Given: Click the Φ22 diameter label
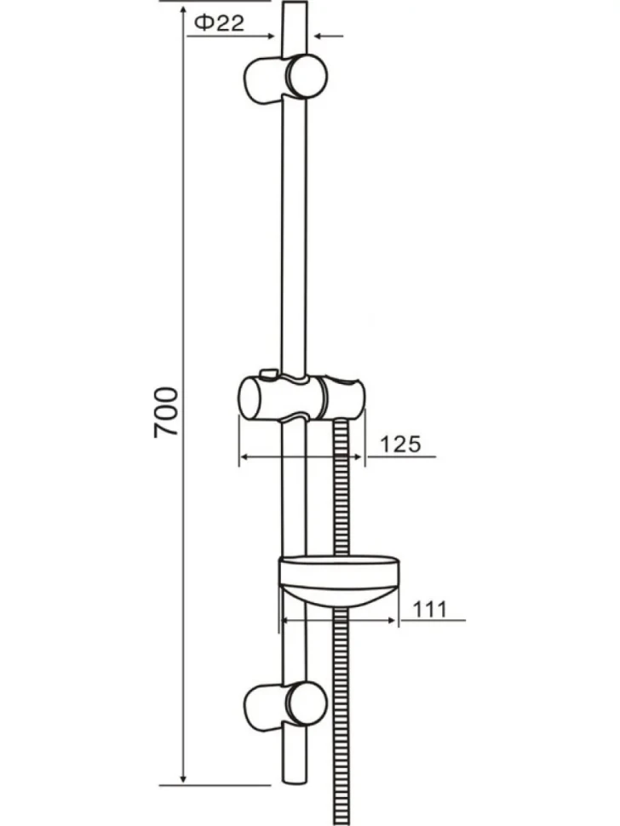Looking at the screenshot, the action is click(x=219, y=23).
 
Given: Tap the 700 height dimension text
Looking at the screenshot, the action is click(x=166, y=412).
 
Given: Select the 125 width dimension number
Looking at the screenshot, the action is click(x=401, y=444).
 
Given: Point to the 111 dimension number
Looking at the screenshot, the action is click(x=429, y=610).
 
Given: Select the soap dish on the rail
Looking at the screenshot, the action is click(x=338, y=580).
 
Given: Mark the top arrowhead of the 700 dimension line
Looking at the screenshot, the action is click(x=183, y=12).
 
